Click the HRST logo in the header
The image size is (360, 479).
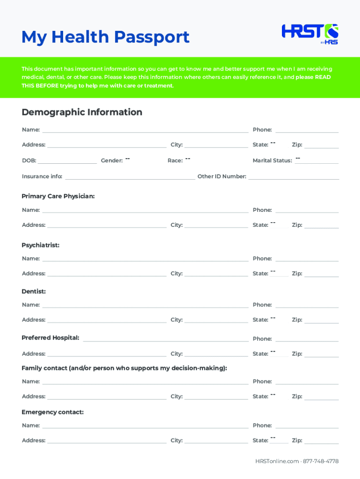pos(310,34)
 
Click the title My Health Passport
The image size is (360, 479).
pos(105,36)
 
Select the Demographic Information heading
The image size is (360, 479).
pos(82,112)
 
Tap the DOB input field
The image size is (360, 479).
pos(67,160)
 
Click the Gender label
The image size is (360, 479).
pos(112,160)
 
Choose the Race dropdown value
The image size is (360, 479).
pos(187,160)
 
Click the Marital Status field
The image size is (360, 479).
pos(317,160)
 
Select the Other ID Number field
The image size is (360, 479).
pos(294,176)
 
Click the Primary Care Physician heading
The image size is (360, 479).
pos(58,196)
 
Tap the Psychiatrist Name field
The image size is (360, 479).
pos(145,258)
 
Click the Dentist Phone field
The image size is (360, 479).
pos(307,305)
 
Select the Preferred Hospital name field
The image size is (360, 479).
pos(165,338)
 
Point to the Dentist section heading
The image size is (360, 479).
pos(34,291)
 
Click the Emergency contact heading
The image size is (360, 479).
pos(52,412)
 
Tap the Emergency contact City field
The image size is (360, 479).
pos(216,440)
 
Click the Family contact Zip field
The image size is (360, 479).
pos(321,397)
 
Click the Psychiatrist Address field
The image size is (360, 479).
pos(107,273)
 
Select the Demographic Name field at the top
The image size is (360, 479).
pos(145,130)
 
